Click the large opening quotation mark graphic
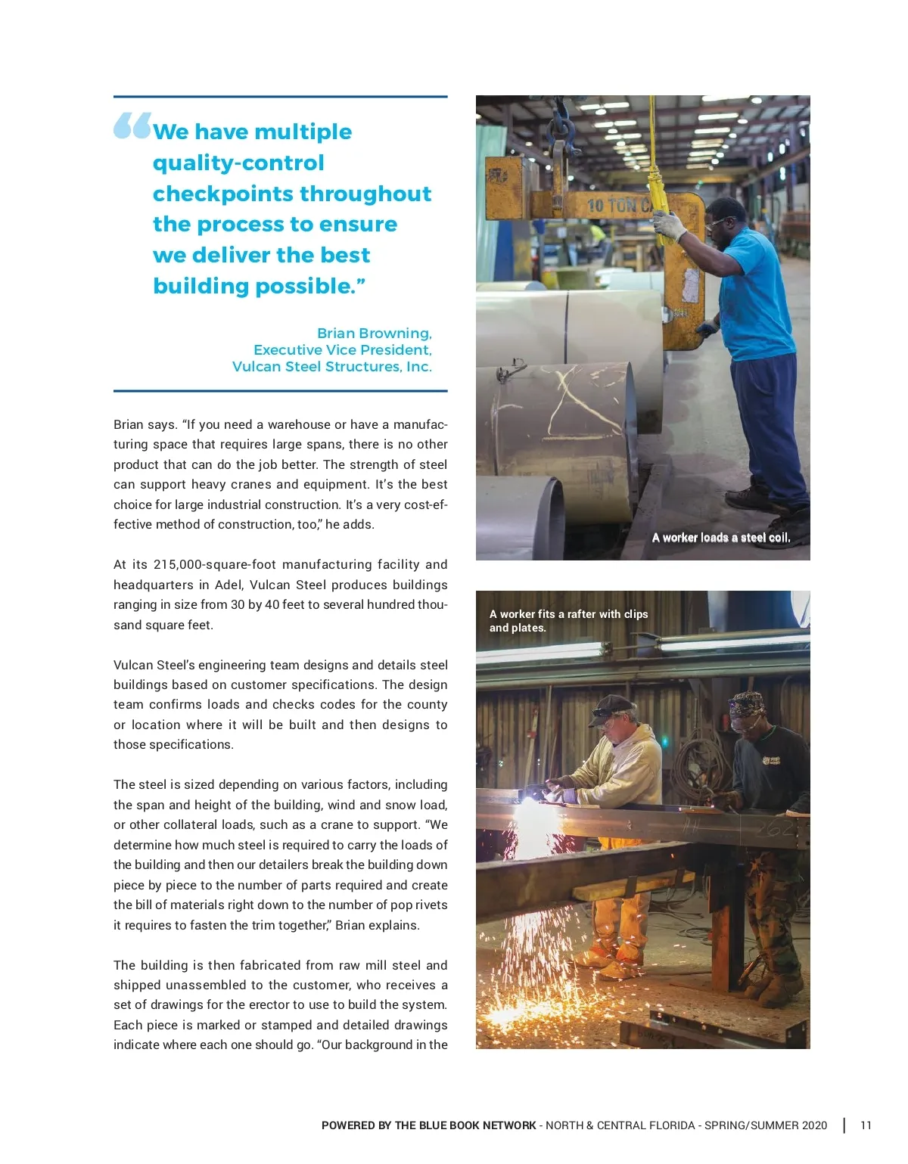132,126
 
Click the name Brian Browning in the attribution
374,334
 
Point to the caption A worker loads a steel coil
720,538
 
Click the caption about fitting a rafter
568,621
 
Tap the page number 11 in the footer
866,1125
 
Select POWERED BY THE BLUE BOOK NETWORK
428,1125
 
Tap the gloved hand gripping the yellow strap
668,225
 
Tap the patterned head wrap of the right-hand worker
747,703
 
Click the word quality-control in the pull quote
238,163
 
